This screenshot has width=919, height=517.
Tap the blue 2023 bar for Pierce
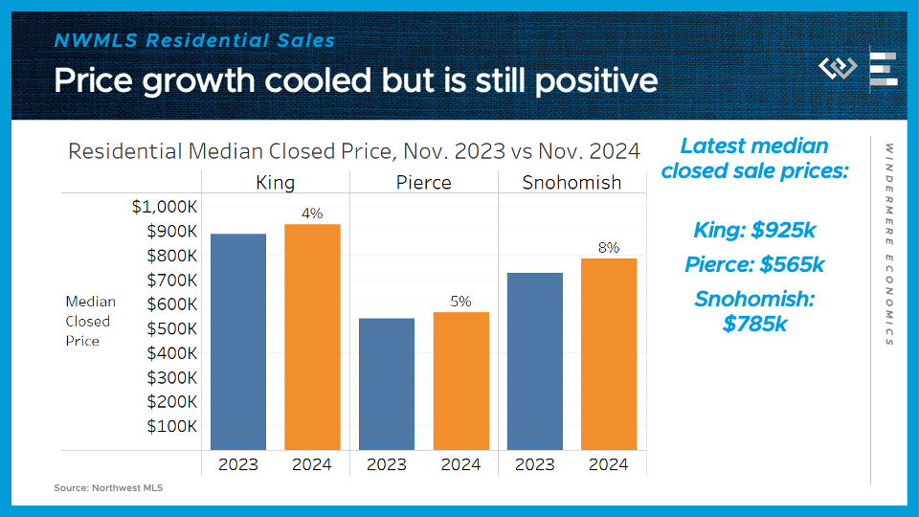click(387, 384)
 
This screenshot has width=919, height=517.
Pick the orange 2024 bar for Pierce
click(460, 381)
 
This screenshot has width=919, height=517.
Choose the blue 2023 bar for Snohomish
click(534, 361)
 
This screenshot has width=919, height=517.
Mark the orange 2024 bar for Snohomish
click(609, 354)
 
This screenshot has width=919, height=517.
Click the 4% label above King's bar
click(312, 214)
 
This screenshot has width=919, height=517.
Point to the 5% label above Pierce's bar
click(460, 302)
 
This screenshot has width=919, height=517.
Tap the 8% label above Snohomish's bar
click(609, 248)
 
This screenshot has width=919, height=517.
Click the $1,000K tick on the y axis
click(164, 207)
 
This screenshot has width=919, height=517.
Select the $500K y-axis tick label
click(171, 328)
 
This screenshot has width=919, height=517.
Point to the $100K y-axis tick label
click(171, 426)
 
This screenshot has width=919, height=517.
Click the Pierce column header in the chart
click(424, 182)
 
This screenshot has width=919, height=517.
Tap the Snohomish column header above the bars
click(572, 182)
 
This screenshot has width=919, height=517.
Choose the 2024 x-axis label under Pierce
click(460, 464)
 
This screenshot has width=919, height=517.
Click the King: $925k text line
click(755, 231)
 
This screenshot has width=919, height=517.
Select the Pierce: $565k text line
click(755, 265)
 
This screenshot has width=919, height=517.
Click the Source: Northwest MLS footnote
click(108, 488)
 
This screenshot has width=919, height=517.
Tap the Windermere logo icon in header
click(838, 68)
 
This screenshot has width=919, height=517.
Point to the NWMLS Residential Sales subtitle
click(194, 40)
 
